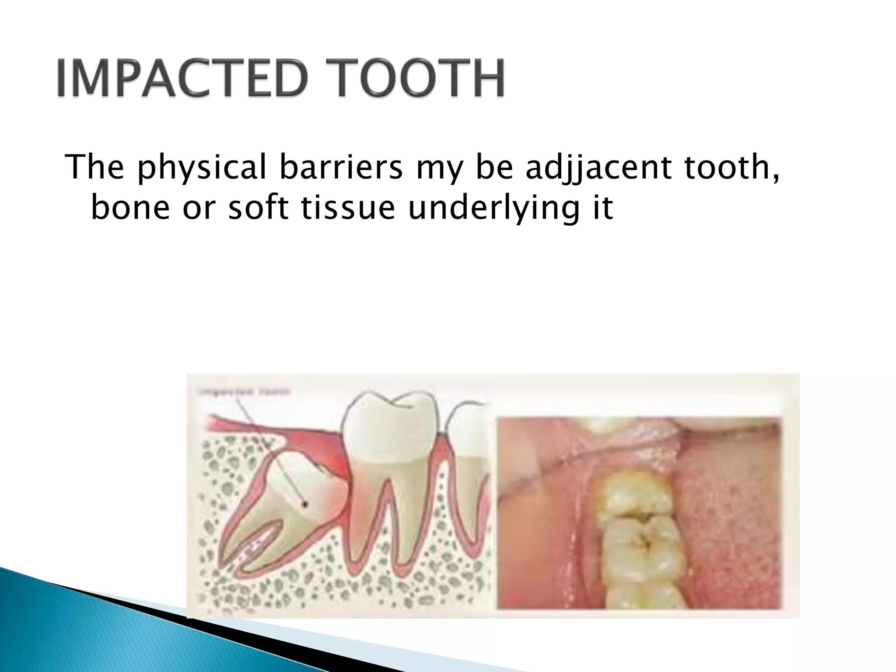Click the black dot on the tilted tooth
tap(305, 505)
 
